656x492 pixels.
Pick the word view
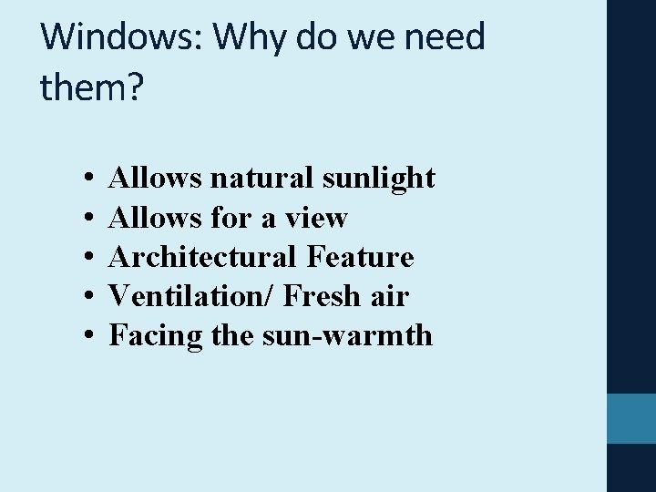316,219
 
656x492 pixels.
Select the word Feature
361,258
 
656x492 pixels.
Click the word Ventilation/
191,297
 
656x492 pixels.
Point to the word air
391,297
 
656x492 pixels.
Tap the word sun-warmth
347,336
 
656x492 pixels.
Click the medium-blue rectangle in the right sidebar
630,418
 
